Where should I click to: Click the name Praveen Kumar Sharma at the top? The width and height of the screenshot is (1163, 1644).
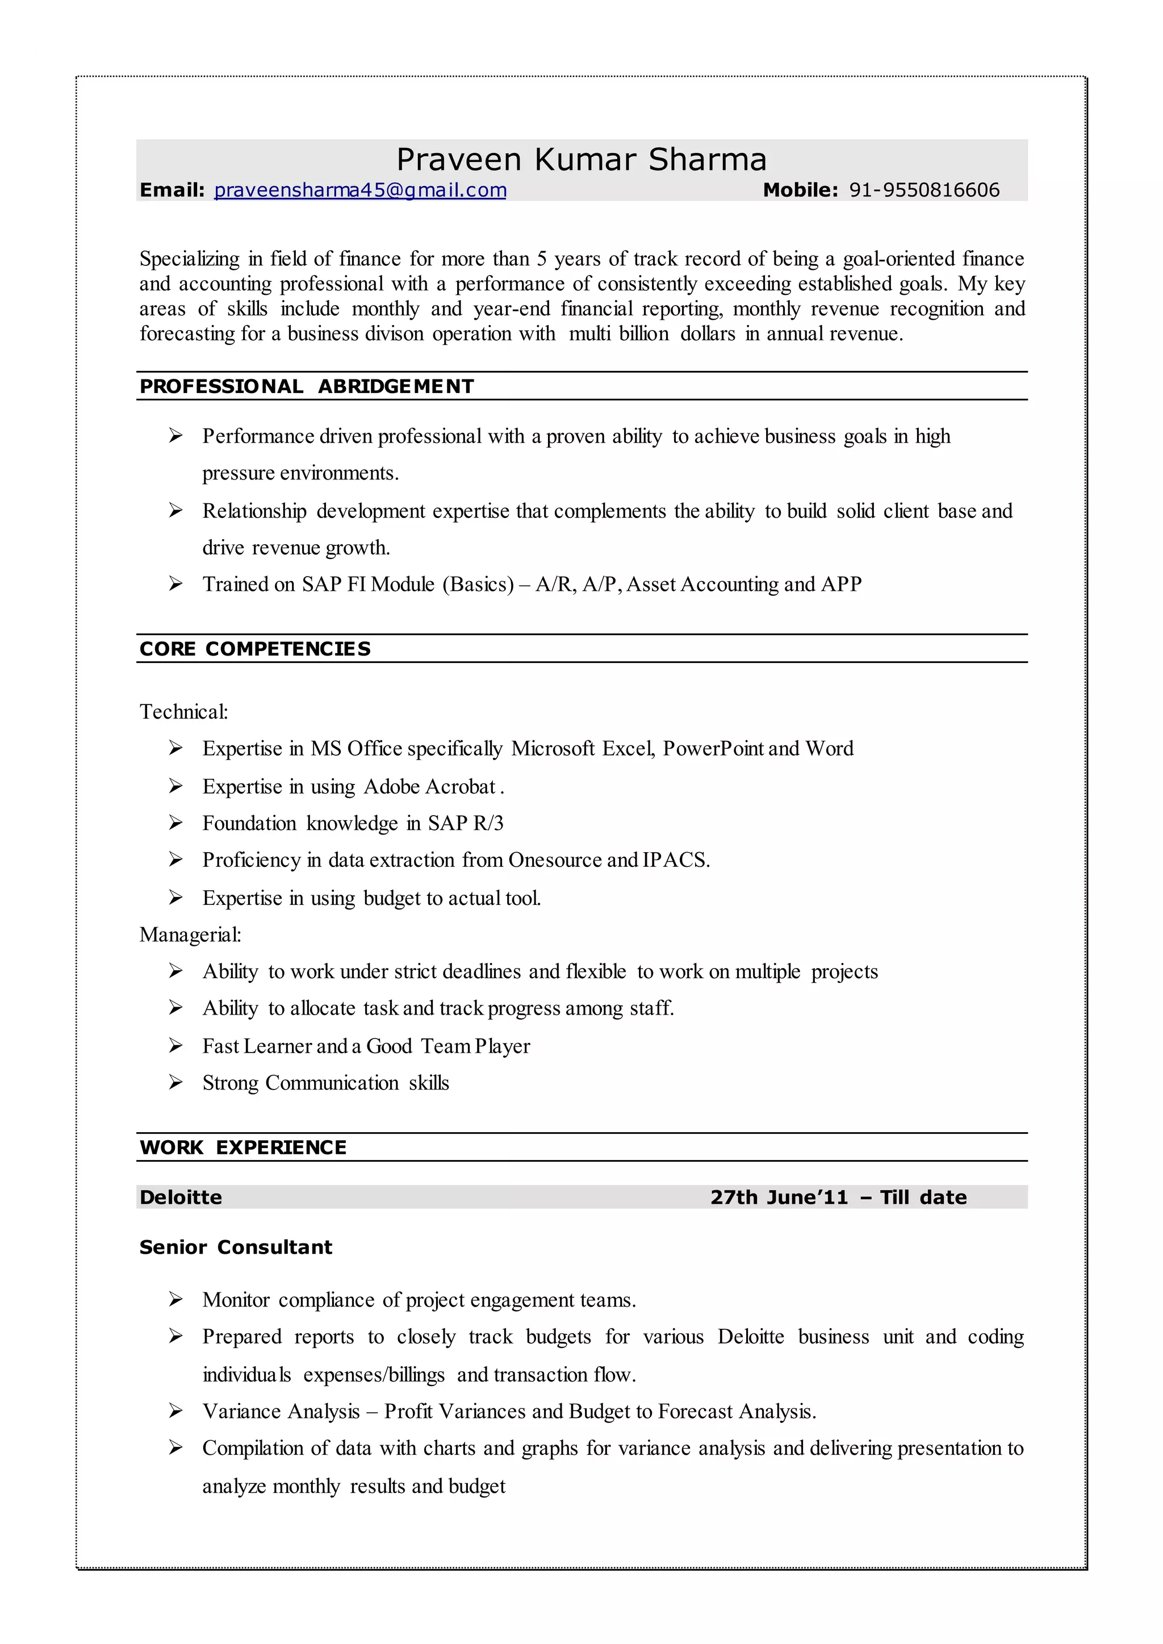[x=581, y=159]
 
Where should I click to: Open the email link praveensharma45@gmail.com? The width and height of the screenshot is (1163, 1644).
[x=360, y=190]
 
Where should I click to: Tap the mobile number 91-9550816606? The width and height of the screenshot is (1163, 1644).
[x=924, y=190]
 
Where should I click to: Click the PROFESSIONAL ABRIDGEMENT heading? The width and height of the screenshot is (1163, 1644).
[x=307, y=386]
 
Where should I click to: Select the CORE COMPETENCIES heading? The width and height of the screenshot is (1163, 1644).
[x=255, y=648]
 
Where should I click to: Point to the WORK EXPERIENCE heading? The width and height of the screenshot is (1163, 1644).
[x=243, y=1147]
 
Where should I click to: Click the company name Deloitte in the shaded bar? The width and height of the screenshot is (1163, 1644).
[x=181, y=1197]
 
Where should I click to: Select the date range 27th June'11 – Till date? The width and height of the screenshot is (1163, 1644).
[x=838, y=1197]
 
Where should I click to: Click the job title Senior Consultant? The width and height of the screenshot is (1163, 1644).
[x=236, y=1246]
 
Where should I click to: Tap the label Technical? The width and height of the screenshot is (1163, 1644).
[x=183, y=711]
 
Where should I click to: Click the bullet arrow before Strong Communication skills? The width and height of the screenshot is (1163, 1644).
[x=175, y=1082]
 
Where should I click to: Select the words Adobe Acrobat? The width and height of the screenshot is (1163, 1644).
[x=430, y=787]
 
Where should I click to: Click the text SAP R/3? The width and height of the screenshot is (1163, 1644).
[x=466, y=823]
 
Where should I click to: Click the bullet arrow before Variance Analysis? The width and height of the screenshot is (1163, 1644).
[x=175, y=1411]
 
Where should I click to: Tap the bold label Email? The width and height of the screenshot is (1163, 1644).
[x=172, y=190]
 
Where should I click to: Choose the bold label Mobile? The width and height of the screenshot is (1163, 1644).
[x=800, y=190]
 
